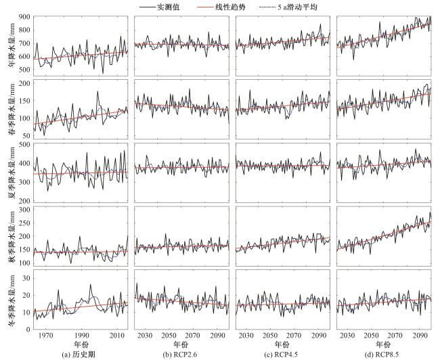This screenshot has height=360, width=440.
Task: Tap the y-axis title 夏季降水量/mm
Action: click(x=7, y=173)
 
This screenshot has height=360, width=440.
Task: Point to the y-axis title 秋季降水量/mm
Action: click(x=7, y=238)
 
